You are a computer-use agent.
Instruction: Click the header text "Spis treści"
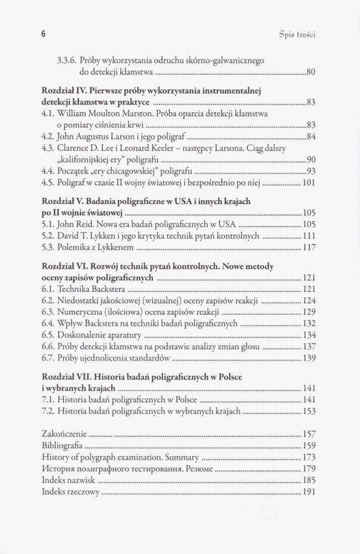(x=297, y=34)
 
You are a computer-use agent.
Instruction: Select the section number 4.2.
(x=48, y=136)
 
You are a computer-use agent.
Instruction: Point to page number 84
(x=310, y=137)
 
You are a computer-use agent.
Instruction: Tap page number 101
(x=308, y=182)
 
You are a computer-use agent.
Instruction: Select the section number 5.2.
(x=48, y=235)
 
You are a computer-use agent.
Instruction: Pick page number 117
(x=308, y=247)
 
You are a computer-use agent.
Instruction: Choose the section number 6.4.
(x=48, y=324)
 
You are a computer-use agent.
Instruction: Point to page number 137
(x=308, y=346)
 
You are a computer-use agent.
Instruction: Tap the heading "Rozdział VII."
(x=64, y=377)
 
